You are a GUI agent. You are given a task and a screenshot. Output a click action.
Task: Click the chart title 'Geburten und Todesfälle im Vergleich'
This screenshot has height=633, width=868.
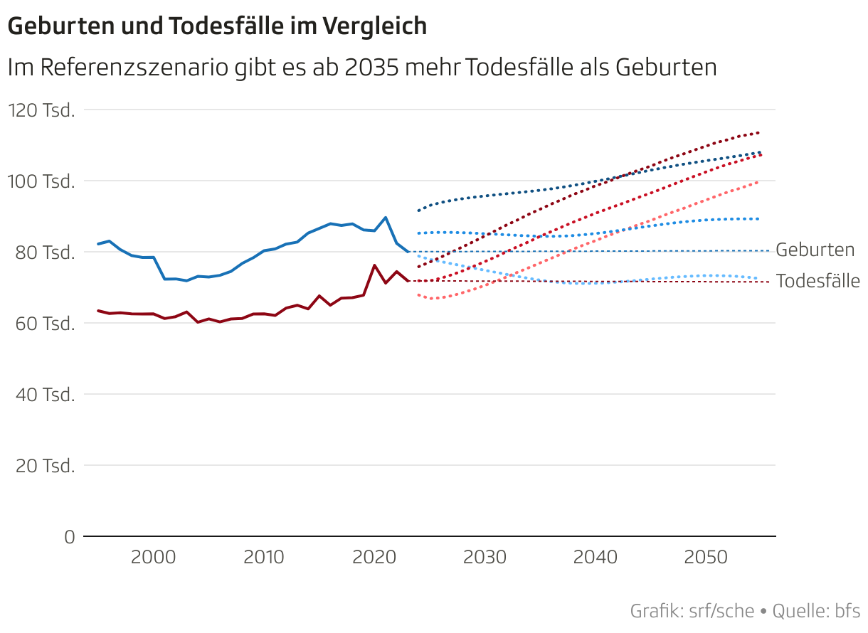click(217, 26)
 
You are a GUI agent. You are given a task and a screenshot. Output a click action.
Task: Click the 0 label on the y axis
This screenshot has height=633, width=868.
click(69, 537)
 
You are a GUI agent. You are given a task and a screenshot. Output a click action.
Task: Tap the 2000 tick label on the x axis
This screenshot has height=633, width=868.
click(154, 557)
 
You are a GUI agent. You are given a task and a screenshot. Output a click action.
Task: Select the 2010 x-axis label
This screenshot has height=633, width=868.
click(264, 557)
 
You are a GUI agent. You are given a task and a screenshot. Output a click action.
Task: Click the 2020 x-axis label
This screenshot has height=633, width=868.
click(374, 557)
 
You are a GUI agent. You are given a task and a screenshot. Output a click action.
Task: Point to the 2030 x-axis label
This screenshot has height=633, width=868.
click(485, 557)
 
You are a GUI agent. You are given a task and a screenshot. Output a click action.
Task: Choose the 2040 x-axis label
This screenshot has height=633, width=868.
click(596, 557)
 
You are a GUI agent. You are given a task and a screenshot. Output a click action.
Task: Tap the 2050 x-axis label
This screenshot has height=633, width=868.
click(706, 557)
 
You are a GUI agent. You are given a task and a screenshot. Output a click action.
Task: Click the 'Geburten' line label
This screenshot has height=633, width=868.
click(815, 250)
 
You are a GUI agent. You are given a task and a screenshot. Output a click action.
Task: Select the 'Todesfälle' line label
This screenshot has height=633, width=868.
click(817, 281)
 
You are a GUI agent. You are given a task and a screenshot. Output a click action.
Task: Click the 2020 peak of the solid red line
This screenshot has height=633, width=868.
click(374, 265)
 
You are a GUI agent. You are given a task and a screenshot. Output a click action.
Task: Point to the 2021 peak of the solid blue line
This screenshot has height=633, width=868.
click(386, 218)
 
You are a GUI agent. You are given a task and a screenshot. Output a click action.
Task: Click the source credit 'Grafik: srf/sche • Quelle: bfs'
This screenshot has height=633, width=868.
click(744, 610)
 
